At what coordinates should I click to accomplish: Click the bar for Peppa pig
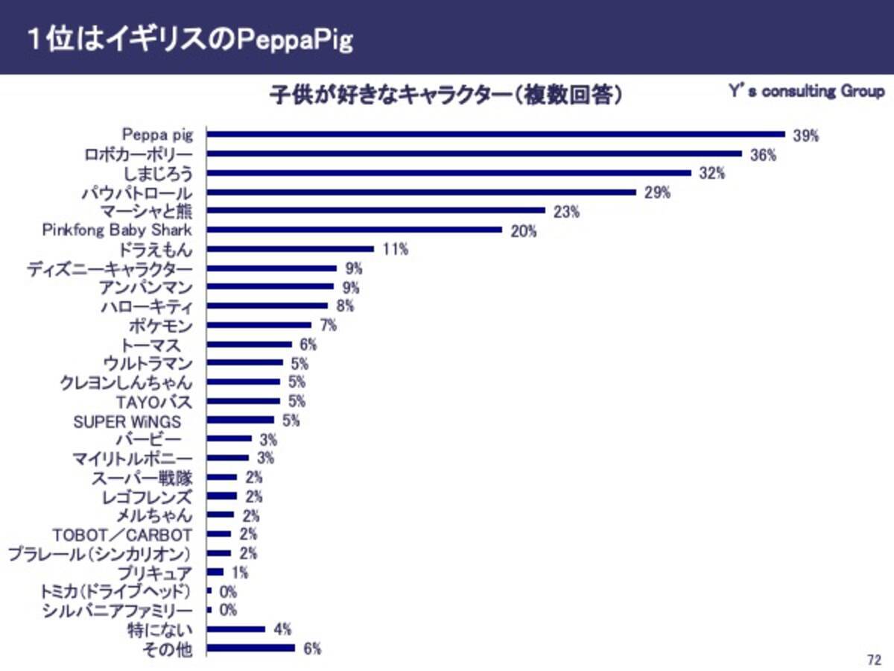coord(495,135)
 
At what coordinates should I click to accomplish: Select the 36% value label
coord(763,154)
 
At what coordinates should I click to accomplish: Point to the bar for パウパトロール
coord(422,192)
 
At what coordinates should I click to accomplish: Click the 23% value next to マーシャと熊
coord(567,211)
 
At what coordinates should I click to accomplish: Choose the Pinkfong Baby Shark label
coord(116,230)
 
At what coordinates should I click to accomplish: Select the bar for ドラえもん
coord(290,249)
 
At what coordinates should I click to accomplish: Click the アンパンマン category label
coord(145,287)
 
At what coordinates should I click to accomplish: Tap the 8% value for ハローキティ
coord(345,306)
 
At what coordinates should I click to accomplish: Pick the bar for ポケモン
coord(259,325)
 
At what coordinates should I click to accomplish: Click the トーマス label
coord(151,344)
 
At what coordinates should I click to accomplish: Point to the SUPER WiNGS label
coord(127,420)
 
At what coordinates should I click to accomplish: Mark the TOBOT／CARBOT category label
coord(122,535)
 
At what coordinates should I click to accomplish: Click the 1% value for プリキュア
coord(240,573)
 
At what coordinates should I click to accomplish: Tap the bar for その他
coord(250,649)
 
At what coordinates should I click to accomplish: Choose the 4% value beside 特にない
coord(282,629)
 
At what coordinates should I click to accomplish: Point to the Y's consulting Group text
coord(806,92)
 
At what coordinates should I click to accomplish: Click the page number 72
coord(874,660)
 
